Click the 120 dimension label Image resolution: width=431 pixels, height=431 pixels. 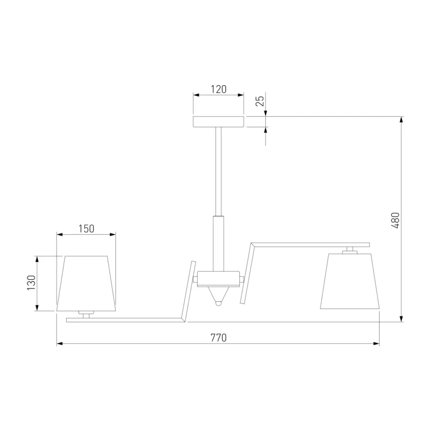point(219,89)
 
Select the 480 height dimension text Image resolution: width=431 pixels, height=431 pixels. point(395,220)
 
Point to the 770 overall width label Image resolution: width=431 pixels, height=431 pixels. point(219,338)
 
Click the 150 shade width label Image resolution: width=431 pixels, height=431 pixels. point(86,228)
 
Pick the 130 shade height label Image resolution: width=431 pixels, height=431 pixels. point(31,283)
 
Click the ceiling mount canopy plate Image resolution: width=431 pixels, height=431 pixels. point(219,122)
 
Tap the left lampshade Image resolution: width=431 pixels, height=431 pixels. point(86,284)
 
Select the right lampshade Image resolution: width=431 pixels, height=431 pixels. point(350,281)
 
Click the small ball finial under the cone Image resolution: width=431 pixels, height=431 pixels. point(218,304)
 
